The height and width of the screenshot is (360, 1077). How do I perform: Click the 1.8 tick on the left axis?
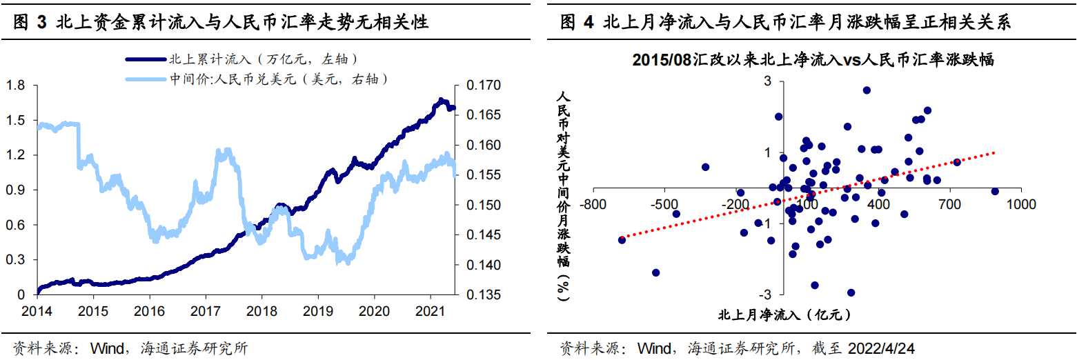click(14, 85)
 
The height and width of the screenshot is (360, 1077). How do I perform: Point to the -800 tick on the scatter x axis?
click(593, 205)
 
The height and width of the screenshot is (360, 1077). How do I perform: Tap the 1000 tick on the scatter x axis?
click(1020, 205)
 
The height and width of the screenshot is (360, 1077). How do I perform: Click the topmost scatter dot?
click(867, 90)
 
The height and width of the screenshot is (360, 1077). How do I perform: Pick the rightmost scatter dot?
click(995, 192)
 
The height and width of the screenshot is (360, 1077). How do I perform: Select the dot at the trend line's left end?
click(622, 239)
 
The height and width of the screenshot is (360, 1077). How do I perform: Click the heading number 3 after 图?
click(41, 23)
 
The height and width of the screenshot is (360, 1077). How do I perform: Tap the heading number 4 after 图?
click(588, 23)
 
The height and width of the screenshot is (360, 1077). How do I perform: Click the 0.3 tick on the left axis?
click(14, 259)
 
